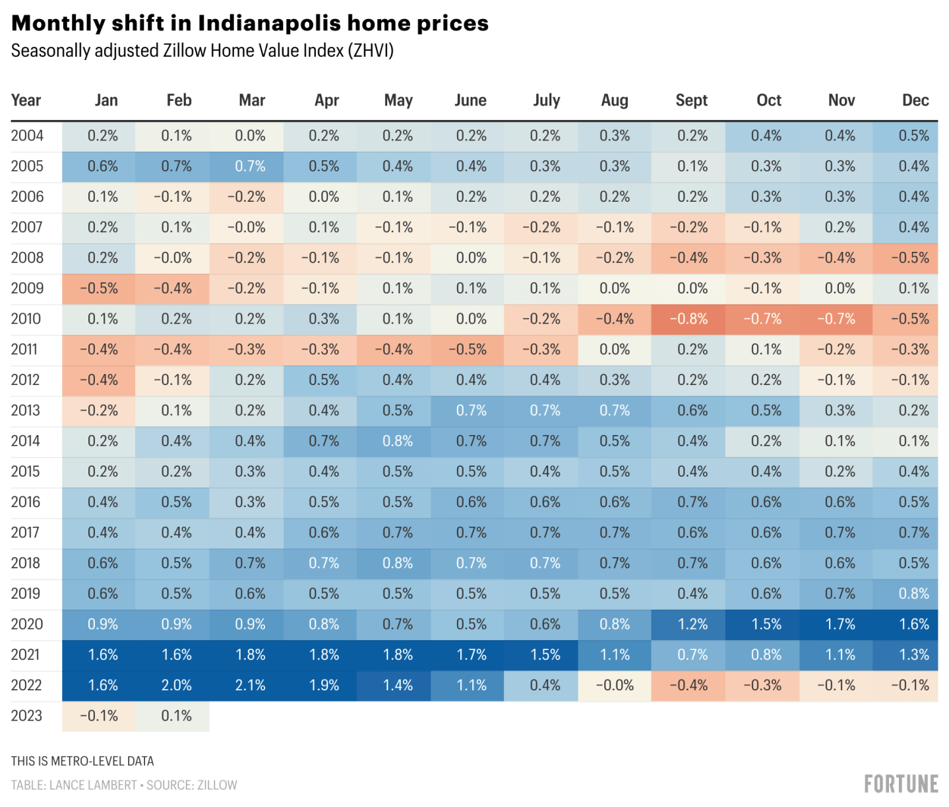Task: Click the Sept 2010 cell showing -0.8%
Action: [x=688, y=319]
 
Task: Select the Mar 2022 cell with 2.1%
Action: [x=250, y=686]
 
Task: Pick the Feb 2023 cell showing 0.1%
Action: [x=176, y=716]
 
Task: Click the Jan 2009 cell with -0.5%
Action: [x=99, y=289]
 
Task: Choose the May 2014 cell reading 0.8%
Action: [x=397, y=441]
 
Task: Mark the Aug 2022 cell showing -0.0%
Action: [x=615, y=686]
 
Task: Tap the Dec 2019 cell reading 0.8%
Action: [x=913, y=594]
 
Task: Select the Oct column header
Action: [x=768, y=100]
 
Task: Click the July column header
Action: [x=546, y=100]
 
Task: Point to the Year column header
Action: [x=26, y=100]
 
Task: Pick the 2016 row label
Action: [x=26, y=502]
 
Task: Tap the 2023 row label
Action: [x=26, y=716]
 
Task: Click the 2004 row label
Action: [x=27, y=136]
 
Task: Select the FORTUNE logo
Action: [x=901, y=784]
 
